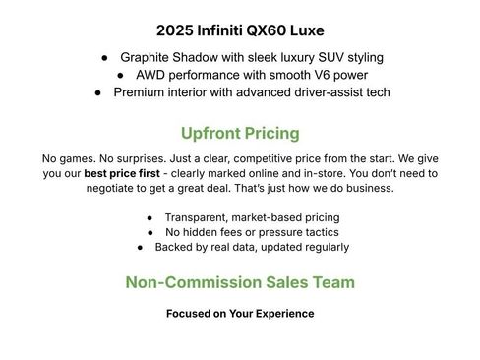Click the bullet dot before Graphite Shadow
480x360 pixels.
pyautogui.click(x=103, y=58)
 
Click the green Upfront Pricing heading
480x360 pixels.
pyautogui.click(x=240, y=133)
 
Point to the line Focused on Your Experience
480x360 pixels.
pyautogui.click(x=240, y=314)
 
